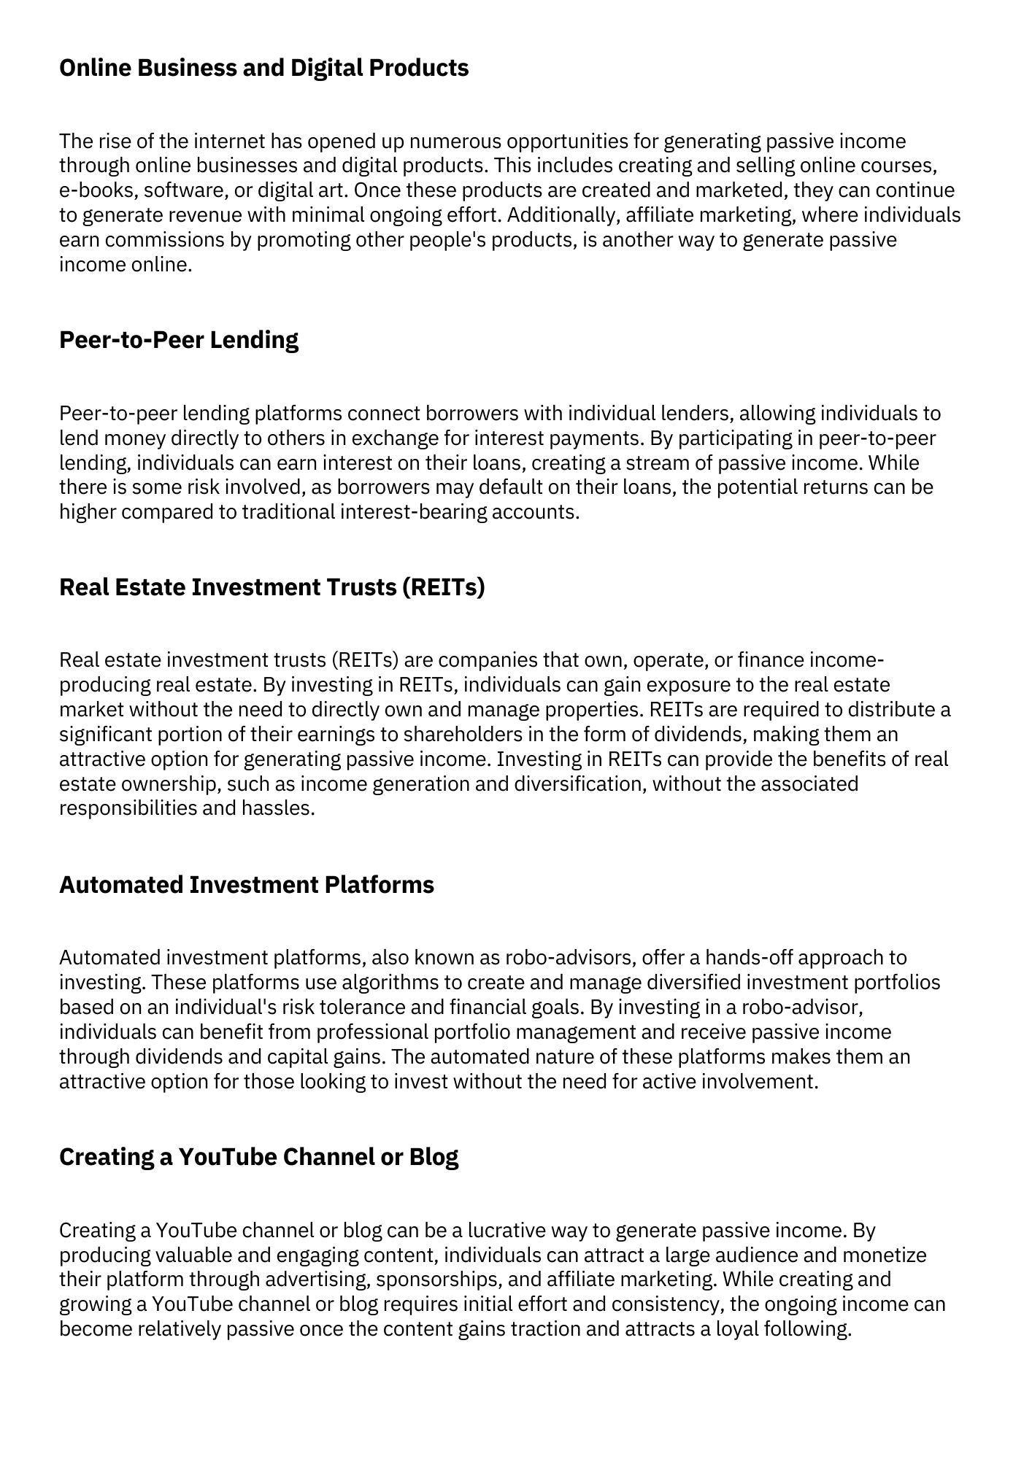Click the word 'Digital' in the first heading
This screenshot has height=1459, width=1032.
click(326, 68)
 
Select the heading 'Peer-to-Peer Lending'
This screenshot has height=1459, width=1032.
click(179, 340)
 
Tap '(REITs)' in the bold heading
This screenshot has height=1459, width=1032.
click(443, 587)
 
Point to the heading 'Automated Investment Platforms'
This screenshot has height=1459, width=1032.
click(247, 885)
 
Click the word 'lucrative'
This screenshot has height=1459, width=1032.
click(506, 1231)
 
